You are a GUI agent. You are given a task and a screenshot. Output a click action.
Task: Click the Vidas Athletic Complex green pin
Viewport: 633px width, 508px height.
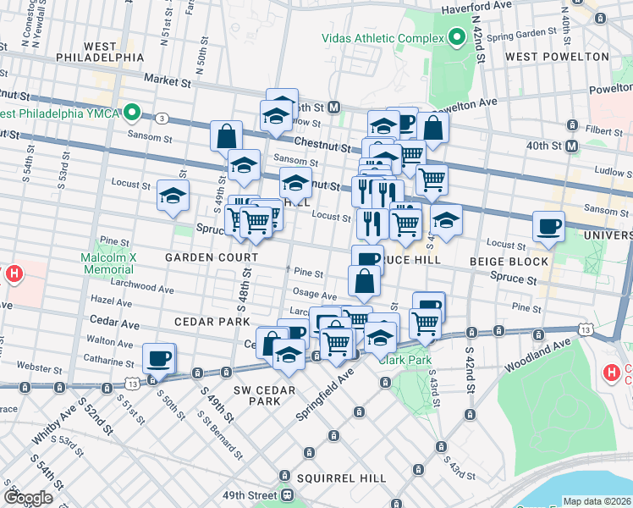[458, 38]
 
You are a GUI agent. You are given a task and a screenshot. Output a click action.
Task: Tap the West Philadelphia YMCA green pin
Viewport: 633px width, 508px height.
[132, 113]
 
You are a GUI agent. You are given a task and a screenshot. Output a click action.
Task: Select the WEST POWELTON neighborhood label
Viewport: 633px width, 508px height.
[556, 57]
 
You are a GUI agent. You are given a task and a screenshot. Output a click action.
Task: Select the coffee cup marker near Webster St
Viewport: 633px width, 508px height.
[158, 359]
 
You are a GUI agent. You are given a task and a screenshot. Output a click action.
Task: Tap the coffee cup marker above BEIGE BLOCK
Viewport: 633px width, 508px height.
[548, 226]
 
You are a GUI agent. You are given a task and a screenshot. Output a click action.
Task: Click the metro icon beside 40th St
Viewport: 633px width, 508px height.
[572, 146]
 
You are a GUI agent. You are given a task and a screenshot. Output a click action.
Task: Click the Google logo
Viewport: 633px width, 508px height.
[28, 498]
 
